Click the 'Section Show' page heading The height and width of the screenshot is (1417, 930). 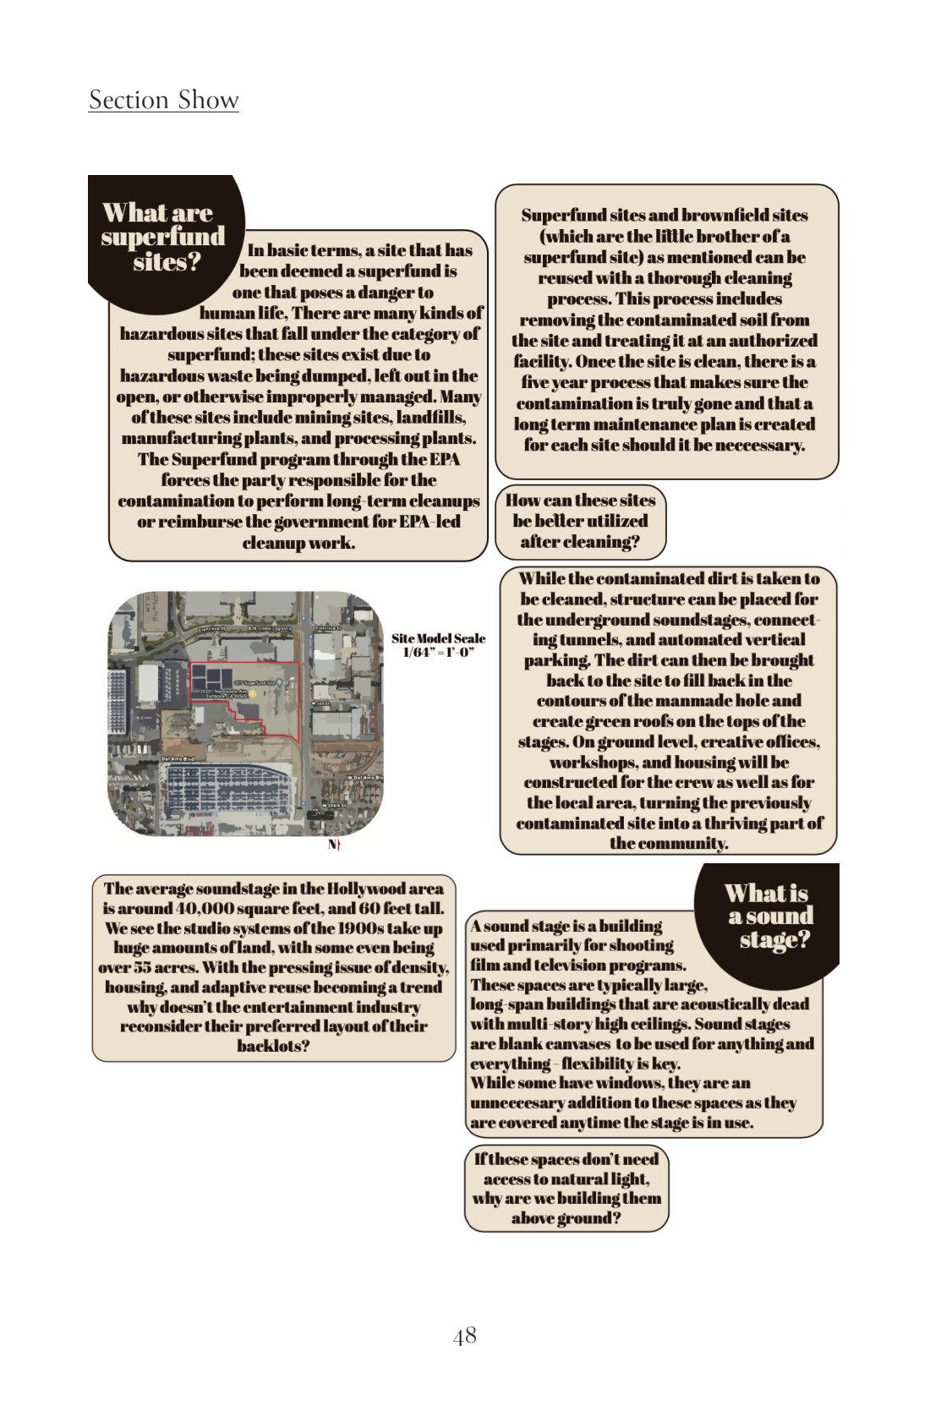coord(163,100)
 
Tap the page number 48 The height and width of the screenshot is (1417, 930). coord(465,1336)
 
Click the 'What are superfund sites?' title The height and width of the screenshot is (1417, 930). coord(162,237)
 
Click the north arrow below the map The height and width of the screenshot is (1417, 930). coord(335,845)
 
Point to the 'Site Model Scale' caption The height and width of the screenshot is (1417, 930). coord(438,644)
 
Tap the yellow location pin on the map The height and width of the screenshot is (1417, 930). coord(252,694)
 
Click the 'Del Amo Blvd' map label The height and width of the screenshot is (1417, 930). coord(178,759)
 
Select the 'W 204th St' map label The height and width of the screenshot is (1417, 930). coord(336,805)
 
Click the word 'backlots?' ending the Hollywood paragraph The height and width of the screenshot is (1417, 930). coord(272,1046)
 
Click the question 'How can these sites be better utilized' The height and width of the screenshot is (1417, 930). coord(580,521)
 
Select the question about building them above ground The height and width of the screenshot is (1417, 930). coord(566,1189)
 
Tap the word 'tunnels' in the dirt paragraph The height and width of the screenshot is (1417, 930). coord(592,640)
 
